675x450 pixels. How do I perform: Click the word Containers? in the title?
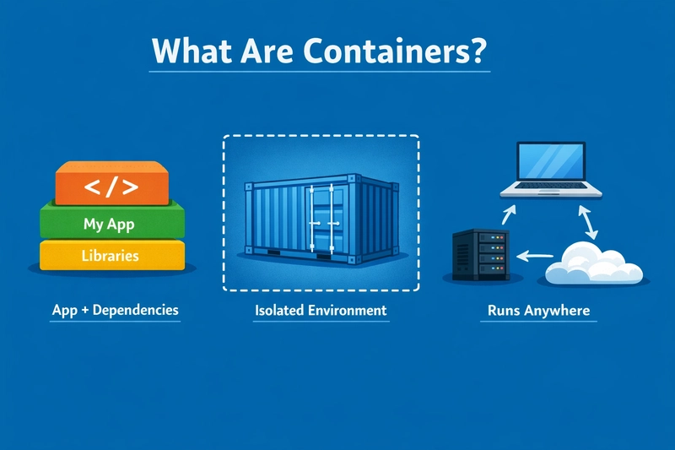(x=395, y=51)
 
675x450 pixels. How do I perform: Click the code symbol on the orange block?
(x=111, y=187)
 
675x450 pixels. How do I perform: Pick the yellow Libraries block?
(x=112, y=255)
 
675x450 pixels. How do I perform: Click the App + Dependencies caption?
(x=115, y=311)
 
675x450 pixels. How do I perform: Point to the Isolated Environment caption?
(x=321, y=311)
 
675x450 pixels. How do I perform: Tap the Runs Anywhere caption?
(x=538, y=311)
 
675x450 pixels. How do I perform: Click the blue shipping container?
(x=321, y=219)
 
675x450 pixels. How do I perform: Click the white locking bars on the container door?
(x=321, y=219)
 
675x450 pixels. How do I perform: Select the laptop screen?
(x=551, y=161)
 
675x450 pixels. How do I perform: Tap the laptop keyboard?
(x=551, y=186)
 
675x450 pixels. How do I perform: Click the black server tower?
(x=481, y=255)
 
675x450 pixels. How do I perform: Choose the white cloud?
(x=594, y=263)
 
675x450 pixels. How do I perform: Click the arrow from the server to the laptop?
(x=509, y=215)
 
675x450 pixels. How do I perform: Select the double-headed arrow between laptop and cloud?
(x=587, y=222)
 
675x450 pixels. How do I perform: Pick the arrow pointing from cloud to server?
(x=535, y=256)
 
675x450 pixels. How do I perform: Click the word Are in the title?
(x=267, y=51)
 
